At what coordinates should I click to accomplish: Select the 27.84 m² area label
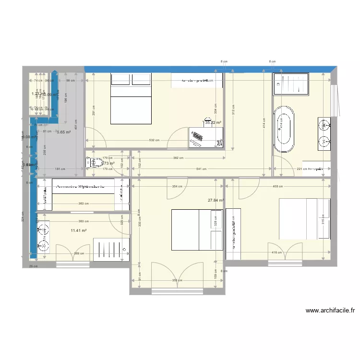pos(216,200)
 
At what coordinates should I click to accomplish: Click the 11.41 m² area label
pos(78,231)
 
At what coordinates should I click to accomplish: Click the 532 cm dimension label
pos(154,141)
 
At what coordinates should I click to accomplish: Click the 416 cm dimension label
pos(276,252)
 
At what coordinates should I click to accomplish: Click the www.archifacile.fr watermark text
pos(330,311)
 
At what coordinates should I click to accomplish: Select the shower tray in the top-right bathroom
pos(291,84)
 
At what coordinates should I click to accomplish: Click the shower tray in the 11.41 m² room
pos(110,249)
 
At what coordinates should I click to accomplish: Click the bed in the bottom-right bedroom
pos(304,218)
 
